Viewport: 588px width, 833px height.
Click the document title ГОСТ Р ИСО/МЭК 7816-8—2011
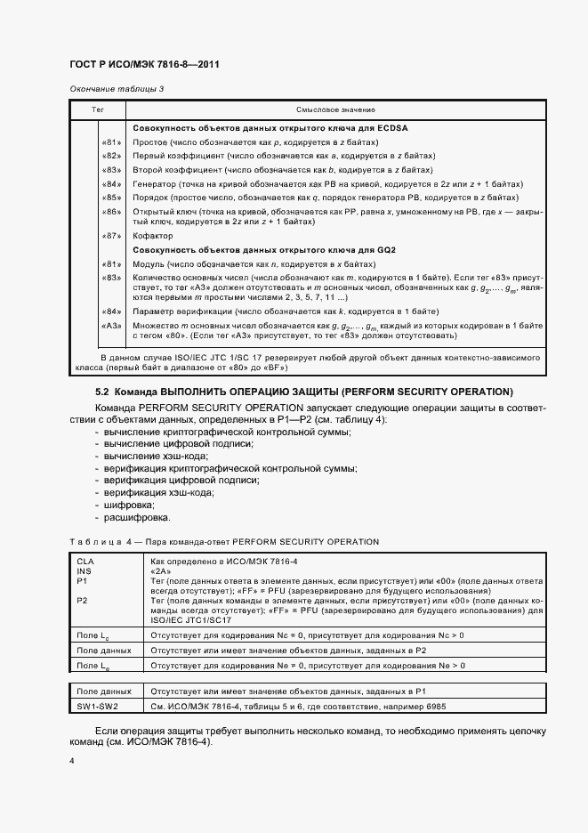pos(144,65)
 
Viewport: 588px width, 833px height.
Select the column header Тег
pos(99,109)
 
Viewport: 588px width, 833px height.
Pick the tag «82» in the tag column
pos(111,155)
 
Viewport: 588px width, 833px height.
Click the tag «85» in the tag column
pos(111,197)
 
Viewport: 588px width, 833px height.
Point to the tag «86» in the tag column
pos(111,211)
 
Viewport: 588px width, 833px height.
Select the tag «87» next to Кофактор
pos(111,236)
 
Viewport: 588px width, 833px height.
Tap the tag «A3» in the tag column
pos(111,326)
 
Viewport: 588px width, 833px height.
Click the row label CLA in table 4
pos(85,562)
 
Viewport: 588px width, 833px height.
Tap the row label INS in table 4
pos(85,571)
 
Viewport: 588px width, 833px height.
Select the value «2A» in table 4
pos(162,571)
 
